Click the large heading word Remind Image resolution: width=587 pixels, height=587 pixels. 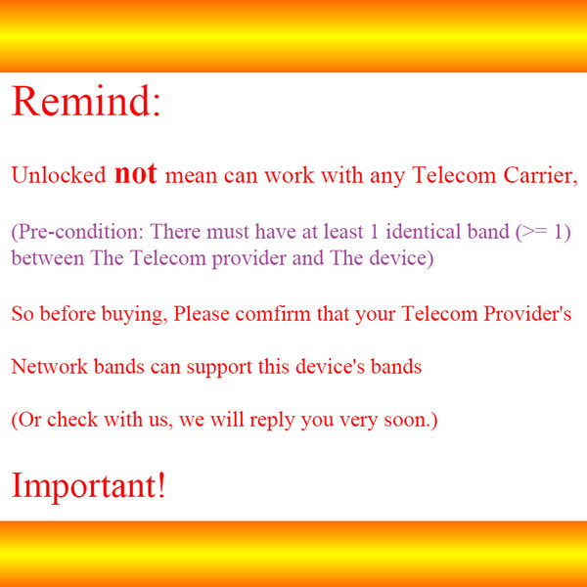tap(81, 101)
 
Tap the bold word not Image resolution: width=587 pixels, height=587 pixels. tap(136, 173)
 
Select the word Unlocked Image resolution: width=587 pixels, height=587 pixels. tap(59, 175)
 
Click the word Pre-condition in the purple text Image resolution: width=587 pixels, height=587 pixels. tap(77, 232)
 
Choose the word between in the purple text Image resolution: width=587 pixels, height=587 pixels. tap(48, 258)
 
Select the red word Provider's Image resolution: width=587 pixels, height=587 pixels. tap(527, 313)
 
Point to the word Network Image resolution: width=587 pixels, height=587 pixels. tap(49, 367)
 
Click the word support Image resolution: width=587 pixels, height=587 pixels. tap(219, 368)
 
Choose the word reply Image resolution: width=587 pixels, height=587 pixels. tap(272, 420)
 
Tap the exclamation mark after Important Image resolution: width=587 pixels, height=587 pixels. tap(161, 485)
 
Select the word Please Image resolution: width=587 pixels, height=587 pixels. tap(202, 313)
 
